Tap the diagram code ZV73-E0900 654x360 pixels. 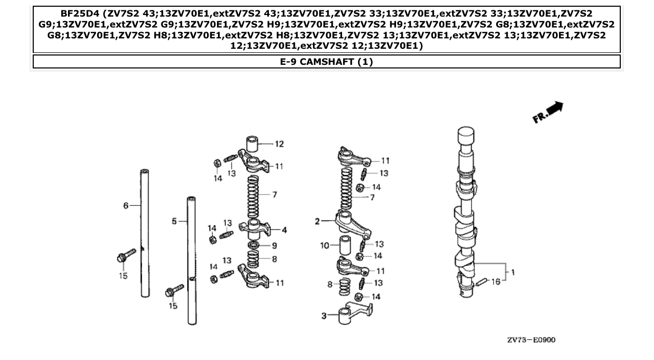pos(531,340)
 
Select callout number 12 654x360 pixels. pos(279,144)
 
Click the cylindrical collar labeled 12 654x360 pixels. pos(253,143)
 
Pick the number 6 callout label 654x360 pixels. pos(126,206)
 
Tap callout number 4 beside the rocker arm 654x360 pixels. pos(284,230)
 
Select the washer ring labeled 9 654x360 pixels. pos(254,245)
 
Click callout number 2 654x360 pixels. pos(317,221)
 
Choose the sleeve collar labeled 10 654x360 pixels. pos(346,246)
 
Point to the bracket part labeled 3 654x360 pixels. pos(353,314)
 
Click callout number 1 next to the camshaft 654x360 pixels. pos(513,272)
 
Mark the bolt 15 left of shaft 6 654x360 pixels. pos(126,255)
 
